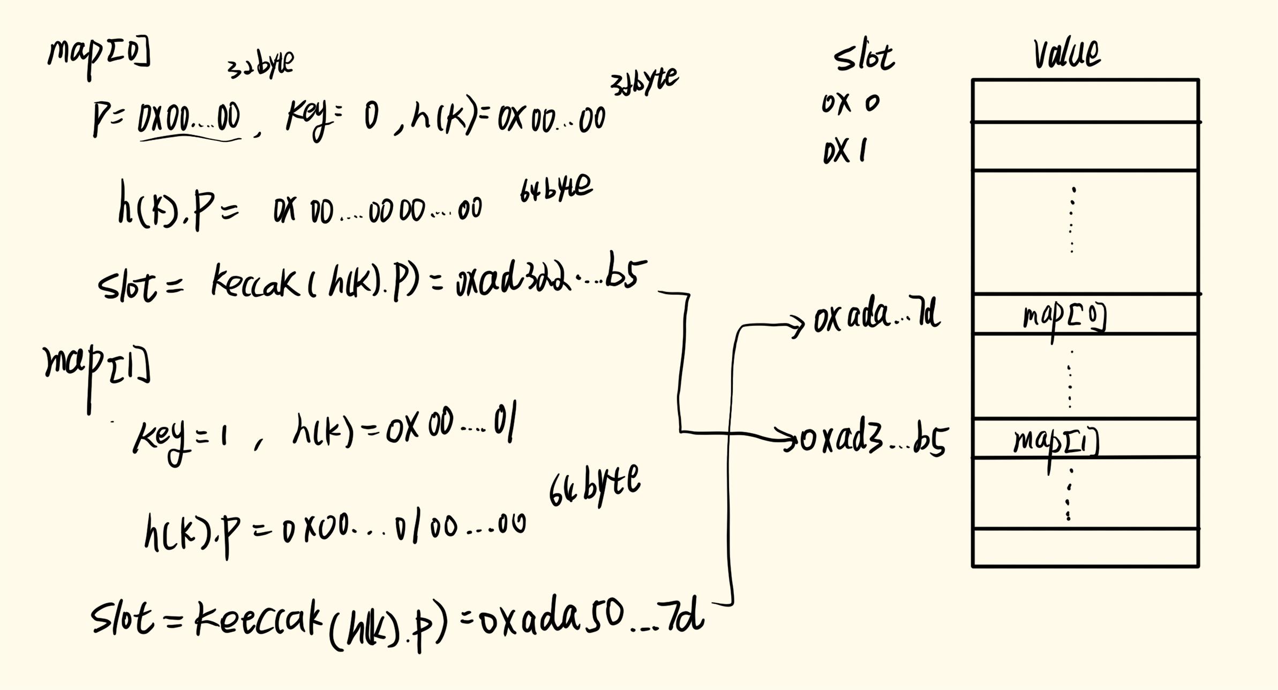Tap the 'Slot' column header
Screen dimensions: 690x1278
[x=863, y=58]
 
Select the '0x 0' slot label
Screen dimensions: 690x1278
[x=851, y=103]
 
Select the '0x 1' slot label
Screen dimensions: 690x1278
[x=845, y=152]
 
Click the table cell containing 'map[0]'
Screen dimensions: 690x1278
[x=1085, y=314]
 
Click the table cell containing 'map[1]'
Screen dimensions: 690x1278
[x=1085, y=438]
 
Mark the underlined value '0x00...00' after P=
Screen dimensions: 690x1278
[x=189, y=118]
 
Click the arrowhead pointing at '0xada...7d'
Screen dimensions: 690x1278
[x=798, y=324]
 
